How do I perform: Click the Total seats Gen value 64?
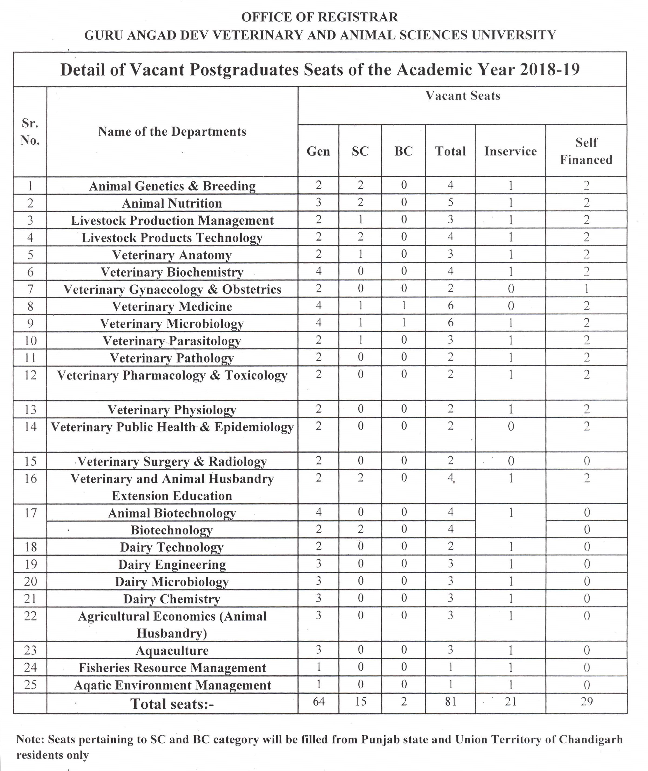(319, 702)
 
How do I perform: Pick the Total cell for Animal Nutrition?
(450, 202)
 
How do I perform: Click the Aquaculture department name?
(172, 651)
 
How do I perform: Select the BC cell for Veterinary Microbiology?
(403, 323)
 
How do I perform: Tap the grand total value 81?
(450, 702)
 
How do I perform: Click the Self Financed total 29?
(586, 702)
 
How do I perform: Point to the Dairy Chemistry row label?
(172, 599)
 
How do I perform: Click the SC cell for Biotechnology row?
(360, 529)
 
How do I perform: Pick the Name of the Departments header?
(172, 132)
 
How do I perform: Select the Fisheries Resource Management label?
(172, 668)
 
